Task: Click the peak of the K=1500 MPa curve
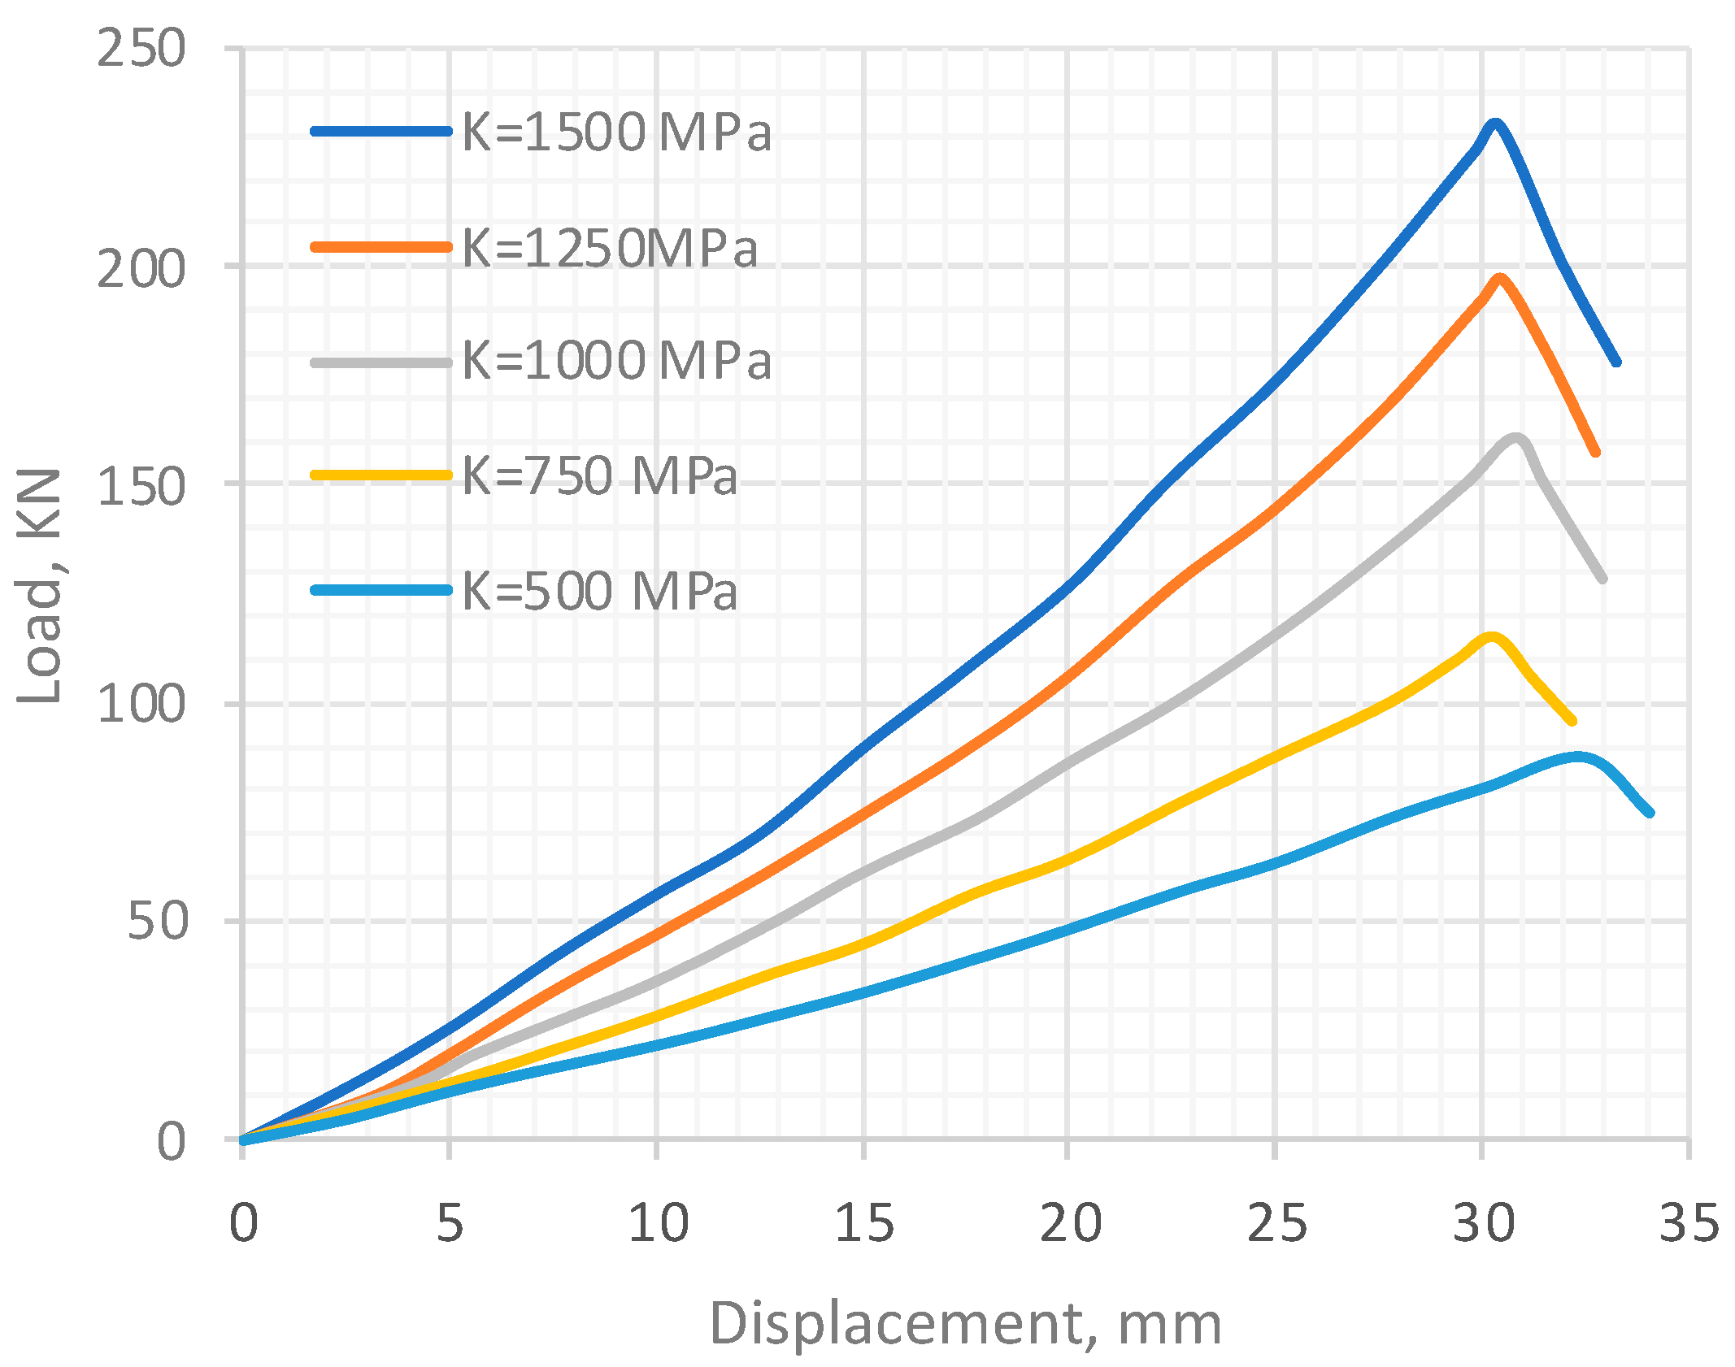tap(1494, 124)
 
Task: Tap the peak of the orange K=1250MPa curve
tap(1499, 279)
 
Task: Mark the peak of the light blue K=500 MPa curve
tap(1577, 757)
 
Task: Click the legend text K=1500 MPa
tap(616, 132)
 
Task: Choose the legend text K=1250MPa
tap(610, 247)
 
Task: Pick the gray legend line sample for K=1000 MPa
tap(381, 362)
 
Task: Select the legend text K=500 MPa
tap(600, 591)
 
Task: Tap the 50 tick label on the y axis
tap(157, 921)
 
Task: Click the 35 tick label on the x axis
tap(1689, 1223)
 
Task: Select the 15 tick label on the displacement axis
tap(863, 1223)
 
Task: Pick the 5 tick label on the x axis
tap(450, 1223)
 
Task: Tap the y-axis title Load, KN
tap(41, 585)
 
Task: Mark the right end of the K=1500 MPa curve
tap(1616, 362)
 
